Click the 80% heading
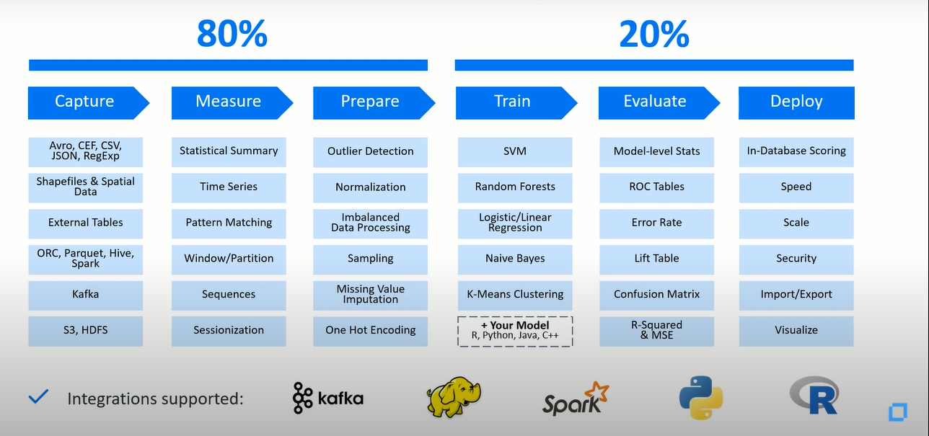pos(232,34)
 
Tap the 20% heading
pos(654,34)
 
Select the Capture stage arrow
pos(88,103)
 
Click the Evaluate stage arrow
pos(659,103)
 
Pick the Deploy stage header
pos(796,103)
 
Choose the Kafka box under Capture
pos(85,295)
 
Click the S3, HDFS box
pos(85,331)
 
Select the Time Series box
pos(229,187)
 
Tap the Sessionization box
pos(229,331)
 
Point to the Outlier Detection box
pos(370,151)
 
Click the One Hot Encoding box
pos(370,331)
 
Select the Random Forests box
pos(515,187)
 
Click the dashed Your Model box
pos(515,331)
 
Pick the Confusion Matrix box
pos(656,295)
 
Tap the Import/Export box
pos(796,295)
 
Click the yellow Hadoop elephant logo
pos(454,396)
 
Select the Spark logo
pos(576,399)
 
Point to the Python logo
pos(701,398)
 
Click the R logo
pos(814,396)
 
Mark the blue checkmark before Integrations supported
pos(38,396)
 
